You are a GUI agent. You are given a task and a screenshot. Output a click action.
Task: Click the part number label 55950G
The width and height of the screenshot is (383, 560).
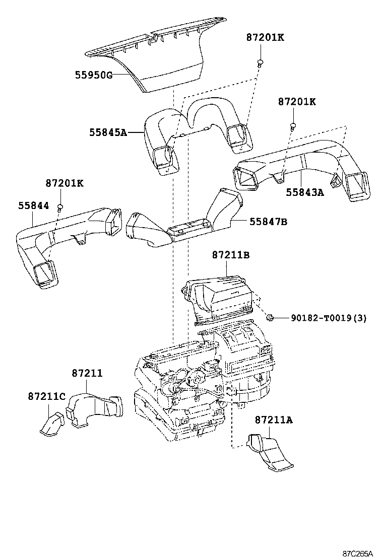[x=94, y=75]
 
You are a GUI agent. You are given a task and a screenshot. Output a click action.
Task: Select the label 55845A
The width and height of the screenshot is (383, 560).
[x=108, y=132]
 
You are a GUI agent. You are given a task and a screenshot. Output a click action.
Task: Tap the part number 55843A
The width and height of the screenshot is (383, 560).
[x=305, y=192]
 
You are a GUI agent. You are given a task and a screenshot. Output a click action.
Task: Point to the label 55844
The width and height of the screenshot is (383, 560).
[x=34, y=205]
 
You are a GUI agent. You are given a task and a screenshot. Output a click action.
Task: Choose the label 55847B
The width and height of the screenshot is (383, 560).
[x=268, y=222]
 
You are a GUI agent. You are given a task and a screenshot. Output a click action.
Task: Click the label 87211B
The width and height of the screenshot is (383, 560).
[x=231, y=255]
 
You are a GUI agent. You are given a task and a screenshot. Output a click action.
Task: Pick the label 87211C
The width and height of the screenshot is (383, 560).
[x=47, y=396]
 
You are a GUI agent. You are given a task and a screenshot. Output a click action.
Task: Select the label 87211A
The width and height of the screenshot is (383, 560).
[x=274, y=420]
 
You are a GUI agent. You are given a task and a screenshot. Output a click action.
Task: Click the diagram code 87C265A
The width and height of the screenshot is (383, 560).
[x=358, y=554]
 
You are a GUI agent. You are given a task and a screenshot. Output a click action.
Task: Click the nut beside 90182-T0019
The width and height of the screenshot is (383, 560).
[x=271, y=317]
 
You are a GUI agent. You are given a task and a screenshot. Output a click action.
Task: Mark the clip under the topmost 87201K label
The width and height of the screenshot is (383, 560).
[x=260, y=63]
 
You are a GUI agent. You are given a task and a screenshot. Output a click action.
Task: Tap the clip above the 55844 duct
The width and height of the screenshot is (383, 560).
[x=60, y=207]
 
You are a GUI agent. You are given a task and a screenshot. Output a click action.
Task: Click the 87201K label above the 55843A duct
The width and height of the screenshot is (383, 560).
[x=297, y=102]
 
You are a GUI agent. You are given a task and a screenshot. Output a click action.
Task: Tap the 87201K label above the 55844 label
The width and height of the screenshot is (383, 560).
[x=65, y=183]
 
